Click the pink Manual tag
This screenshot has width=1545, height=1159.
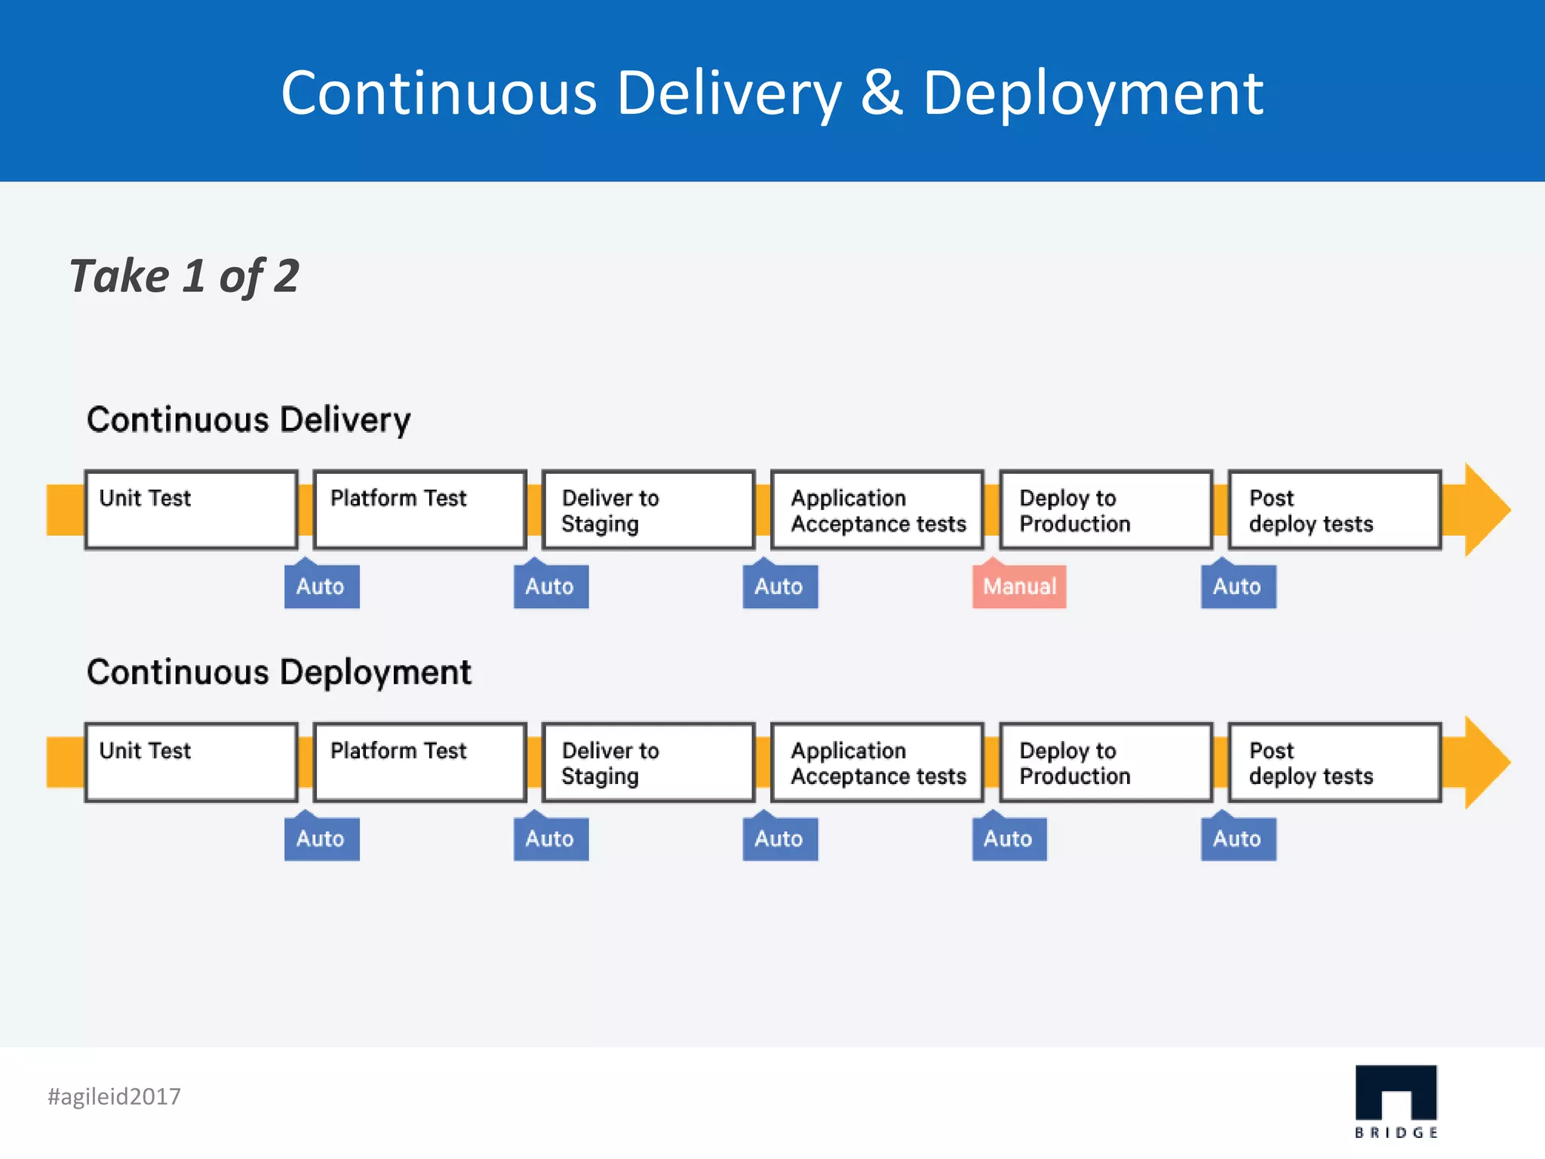pyautogui.click(x=1019, y=586)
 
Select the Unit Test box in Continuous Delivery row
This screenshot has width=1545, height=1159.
pyautogui.click(x=191, y=510)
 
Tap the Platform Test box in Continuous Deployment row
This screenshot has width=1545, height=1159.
pyautogui.click(x=419, y=762)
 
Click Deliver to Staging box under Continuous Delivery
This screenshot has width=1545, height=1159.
pyautogui.click(x=648, y=510)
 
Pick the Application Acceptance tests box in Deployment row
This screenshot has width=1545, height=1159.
pyautogui.click(x=877, y=762)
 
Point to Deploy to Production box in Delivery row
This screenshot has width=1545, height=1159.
pyautogui.click(x=1106, y=510)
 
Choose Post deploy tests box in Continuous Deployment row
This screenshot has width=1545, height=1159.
pyautogui.click(x=1335, y=762)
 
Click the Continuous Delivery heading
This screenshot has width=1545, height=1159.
pyautogui.click(x=249, y=420)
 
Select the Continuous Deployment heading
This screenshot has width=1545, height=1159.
pyautogui.click(x=279, y=672)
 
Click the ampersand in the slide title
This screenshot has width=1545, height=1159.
pyautogui.click(x=882, y=94)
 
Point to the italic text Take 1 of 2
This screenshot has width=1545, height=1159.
pyautogui.click(x=185, y=276)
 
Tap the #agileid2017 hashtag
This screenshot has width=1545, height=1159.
pyautogui.click(x=115, y=1096)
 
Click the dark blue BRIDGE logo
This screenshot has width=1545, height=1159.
pyautogui.click(x=1396, y=1094)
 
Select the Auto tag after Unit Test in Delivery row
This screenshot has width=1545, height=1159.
pyautogui.click(x=321, y=586)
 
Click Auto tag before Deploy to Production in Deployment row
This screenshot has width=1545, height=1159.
pyautogui.click(x=1009, y=839)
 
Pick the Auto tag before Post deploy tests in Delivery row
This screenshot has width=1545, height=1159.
pyautogui.click(x=1238, y=586)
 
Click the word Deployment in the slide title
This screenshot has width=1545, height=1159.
pyautogui.click(x=1092, y=94)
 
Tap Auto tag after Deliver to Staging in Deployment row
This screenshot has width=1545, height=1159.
pyautogui.click(x=779, y=839)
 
